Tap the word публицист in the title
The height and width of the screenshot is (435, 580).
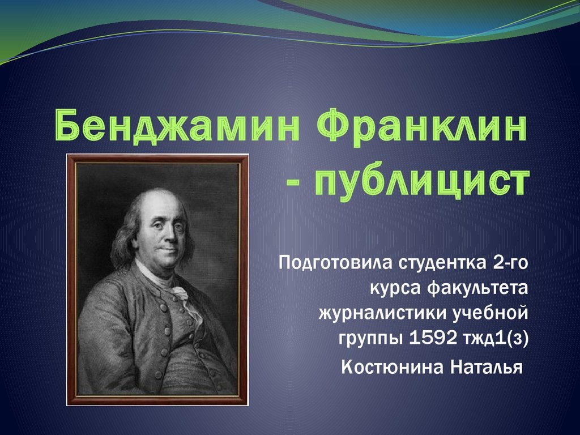pos(421,182)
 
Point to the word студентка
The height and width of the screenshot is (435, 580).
pos(441,263)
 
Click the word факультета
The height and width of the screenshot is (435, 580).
pos(477,288)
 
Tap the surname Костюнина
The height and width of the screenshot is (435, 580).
pos(393,367)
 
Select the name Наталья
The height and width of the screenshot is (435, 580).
pos(487,367)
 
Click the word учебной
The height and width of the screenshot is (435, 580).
pos(491,313)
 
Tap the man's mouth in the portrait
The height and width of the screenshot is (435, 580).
pos(169,249)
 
